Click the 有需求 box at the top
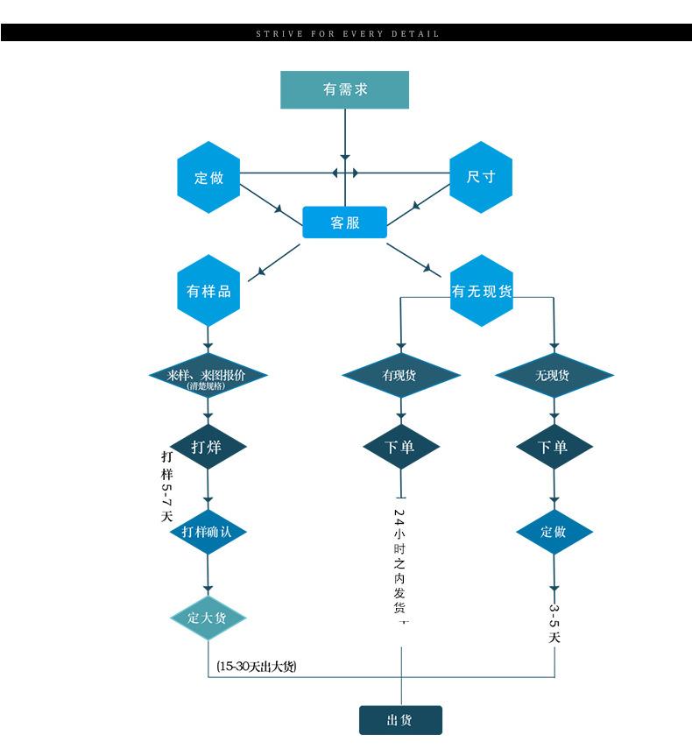pos(344,89)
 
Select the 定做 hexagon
pos(208,177)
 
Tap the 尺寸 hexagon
pos(481,177)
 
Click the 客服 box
pos(344,223)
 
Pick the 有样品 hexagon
pos(208,291)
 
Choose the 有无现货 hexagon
pos(481,291)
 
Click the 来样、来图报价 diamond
pos(208,377)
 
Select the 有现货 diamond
pos(400,376)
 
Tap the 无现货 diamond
pos(552,376)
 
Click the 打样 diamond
pos(208,447)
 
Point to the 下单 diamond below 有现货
pos(400,447)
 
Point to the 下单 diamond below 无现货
pos(553,447)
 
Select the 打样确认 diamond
pos(208,532)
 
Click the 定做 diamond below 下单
pos(553,532)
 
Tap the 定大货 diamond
pos(208,617)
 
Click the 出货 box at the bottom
pos(400,720)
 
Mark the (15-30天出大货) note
pos(257,667)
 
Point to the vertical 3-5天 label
pos(554,623)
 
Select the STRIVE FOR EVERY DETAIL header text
pos(347,33)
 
